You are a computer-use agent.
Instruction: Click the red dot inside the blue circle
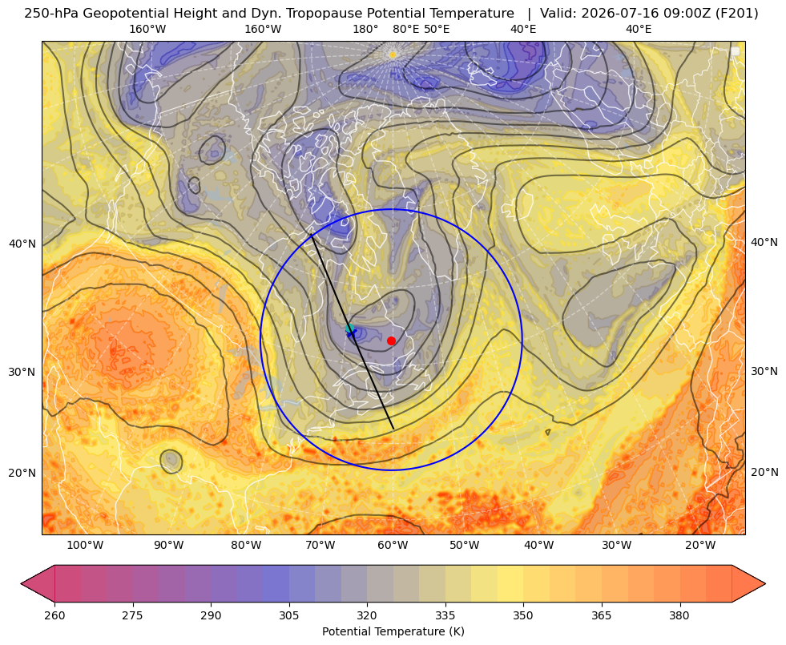click(x=392, y=341)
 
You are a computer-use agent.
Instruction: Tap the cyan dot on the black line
click(x=350, y=329)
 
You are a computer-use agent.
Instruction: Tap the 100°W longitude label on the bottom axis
click(x=85, y=546)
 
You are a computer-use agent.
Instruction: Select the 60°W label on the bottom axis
click(x=393, y=546)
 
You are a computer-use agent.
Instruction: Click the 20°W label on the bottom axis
click(x=700, y=546)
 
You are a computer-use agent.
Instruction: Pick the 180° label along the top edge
click(x=365, y=29)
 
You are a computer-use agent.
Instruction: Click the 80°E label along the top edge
click(x=405, y=29)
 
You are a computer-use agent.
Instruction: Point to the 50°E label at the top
click(x=437, y=29)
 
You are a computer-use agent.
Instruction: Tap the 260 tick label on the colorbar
click(x=54, y=615)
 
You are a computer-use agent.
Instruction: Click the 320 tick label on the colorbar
click(x=367, y=615)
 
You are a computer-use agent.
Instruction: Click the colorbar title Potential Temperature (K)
click(x=393, y=631)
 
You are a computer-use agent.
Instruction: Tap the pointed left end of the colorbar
click(x=22, y=583)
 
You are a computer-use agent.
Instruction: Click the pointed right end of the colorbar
click(x=765, y=583)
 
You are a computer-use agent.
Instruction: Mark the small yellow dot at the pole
click(x=393, y=54)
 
